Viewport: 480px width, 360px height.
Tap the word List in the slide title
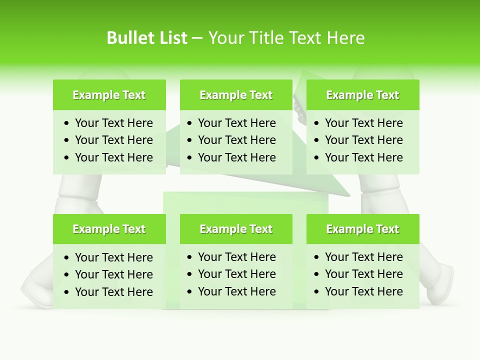[x=171, y=38]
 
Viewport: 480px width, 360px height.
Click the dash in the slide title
[x=197, y=38]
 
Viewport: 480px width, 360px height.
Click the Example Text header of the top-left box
[x=109, y=95]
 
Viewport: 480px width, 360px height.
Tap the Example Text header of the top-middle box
[x=236, y=95]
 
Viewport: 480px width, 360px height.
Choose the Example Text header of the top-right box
[x=362, y=95]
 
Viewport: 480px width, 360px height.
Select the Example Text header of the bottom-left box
[x=109, y=229]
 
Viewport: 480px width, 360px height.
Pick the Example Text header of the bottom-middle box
[x=236, y=229]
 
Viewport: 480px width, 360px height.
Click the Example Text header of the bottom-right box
[x=362, y=229]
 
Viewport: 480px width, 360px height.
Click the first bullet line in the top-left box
[x=113, y=123]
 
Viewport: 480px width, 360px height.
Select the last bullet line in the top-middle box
[x=236, y=157]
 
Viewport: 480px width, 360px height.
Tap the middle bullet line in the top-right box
[x=363, y=140]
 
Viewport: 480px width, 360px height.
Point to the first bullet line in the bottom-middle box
[x=236, y=257]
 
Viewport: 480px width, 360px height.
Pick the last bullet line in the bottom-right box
[x=363, y=291]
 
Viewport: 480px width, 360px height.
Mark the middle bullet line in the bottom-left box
[x=113, y=274]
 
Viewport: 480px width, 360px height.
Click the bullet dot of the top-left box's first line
[x=67, y=123]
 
